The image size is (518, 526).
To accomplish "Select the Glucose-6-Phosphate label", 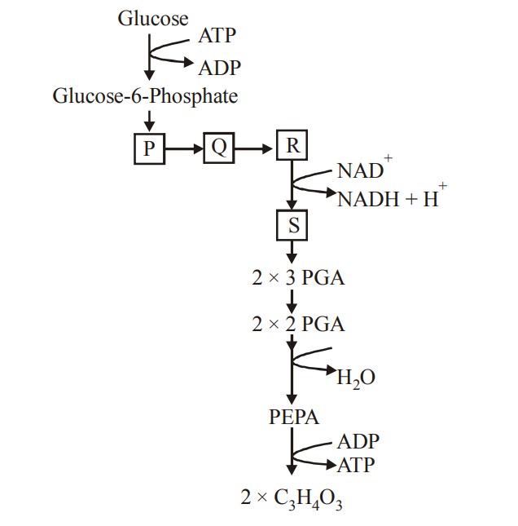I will [x=146, y=97].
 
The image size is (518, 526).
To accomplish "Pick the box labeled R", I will [x=292, y=146].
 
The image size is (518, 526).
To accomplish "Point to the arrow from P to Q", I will [x=183, y=148].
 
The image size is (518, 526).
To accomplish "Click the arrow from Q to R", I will [x=255, y=148].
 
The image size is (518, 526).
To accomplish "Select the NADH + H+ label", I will [x=388, y=197].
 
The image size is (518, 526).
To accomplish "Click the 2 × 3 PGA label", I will [x=298, y=277].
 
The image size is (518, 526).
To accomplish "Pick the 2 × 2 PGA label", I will [x=298, y=324].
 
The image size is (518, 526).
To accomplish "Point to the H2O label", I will [x=356, y=378].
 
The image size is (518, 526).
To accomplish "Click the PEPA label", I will [x=294, y=418].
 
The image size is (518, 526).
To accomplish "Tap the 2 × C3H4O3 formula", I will [x=292, y=497].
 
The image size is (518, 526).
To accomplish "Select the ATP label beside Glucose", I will [x=216, y=37].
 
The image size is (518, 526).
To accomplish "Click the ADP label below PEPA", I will [x=358, y=441].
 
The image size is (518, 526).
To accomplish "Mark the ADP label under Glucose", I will [x=219, y=68].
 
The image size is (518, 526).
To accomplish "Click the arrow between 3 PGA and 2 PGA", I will [x=292, y=301].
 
